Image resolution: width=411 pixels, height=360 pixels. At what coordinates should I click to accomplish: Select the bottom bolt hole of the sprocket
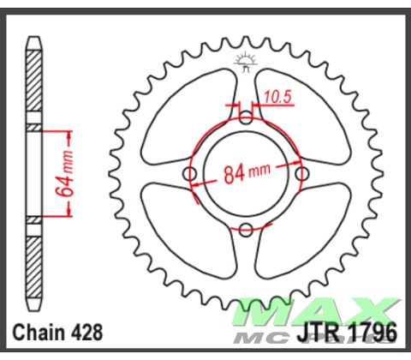pos(246,229)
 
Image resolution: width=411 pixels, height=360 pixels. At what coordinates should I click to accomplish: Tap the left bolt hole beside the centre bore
pos(191,175)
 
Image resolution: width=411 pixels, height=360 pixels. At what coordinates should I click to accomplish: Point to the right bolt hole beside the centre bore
pos(301,175)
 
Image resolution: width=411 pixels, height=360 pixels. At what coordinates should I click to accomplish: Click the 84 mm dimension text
pos(247,174)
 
